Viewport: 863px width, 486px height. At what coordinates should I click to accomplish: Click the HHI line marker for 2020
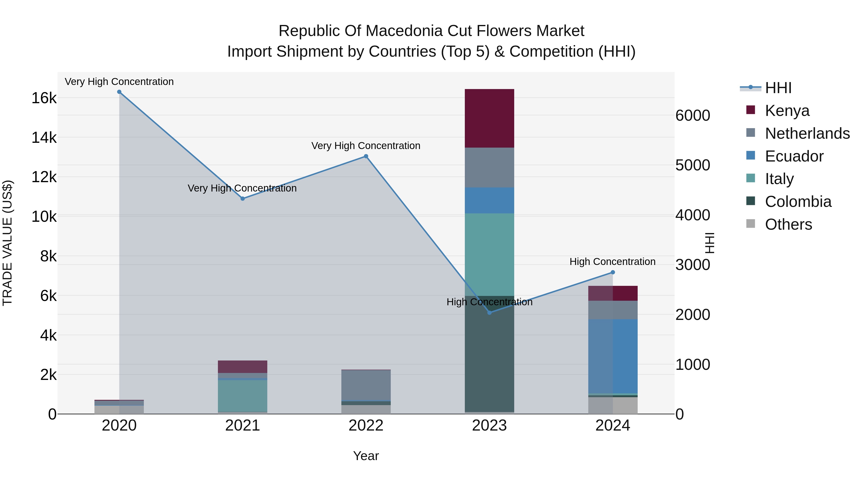click(119, 92)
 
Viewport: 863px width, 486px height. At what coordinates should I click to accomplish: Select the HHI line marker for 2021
click(243, 198)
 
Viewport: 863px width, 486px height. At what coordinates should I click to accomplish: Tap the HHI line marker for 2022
click(366, 156)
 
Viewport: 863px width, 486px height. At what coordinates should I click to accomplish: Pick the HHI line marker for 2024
click(613, 272)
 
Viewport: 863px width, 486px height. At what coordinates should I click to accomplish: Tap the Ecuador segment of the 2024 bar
click(613, 356)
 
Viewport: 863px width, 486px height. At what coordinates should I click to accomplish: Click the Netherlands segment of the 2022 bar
click(366, 385)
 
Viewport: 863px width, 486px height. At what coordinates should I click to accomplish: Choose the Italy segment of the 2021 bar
click(243, 396)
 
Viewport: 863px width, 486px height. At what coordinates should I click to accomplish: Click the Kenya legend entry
click(787, 110)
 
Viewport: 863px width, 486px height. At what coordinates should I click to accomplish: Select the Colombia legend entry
click(798, 202)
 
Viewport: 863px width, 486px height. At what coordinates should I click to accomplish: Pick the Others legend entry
click(788, 224)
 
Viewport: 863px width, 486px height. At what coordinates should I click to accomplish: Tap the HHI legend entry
click(778, 88)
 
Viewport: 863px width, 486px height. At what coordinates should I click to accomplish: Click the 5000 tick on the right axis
click(693, 165)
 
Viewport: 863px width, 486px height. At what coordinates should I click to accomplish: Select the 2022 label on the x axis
click(366, 426)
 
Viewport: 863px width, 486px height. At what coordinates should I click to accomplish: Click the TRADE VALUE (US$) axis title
click(7, 243)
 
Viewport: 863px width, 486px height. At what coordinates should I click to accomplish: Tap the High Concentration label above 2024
click(612, 262)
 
